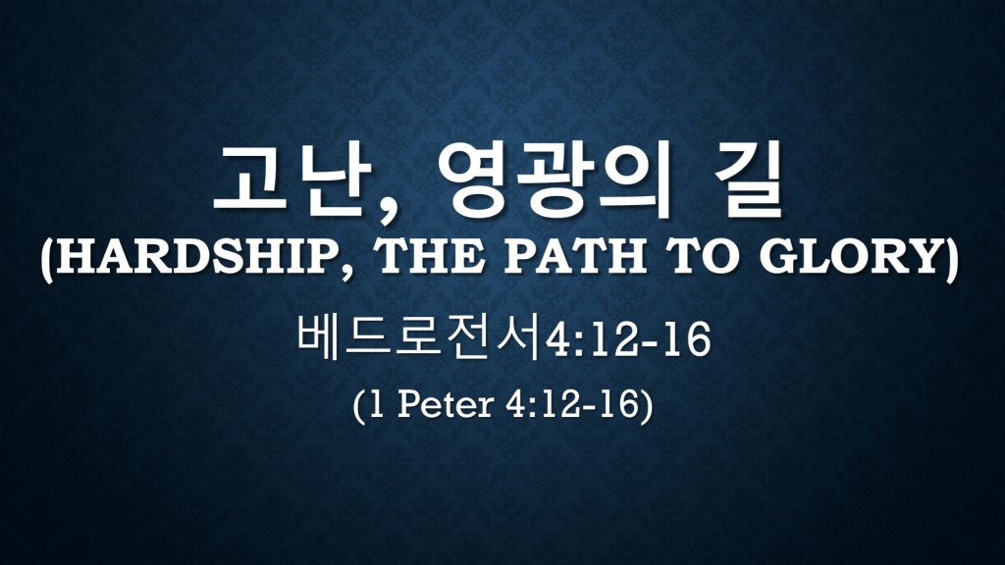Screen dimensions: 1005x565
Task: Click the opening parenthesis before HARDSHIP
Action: coord(47,259)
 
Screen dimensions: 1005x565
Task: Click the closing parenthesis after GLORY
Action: coord(952,259)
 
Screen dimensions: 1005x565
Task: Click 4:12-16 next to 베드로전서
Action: coord(627,340)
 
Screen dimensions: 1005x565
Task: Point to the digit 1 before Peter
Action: coord(377,405)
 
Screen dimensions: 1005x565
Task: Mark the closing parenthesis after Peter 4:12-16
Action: coord(647,406)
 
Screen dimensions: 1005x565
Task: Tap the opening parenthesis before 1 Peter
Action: coord(358,406)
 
